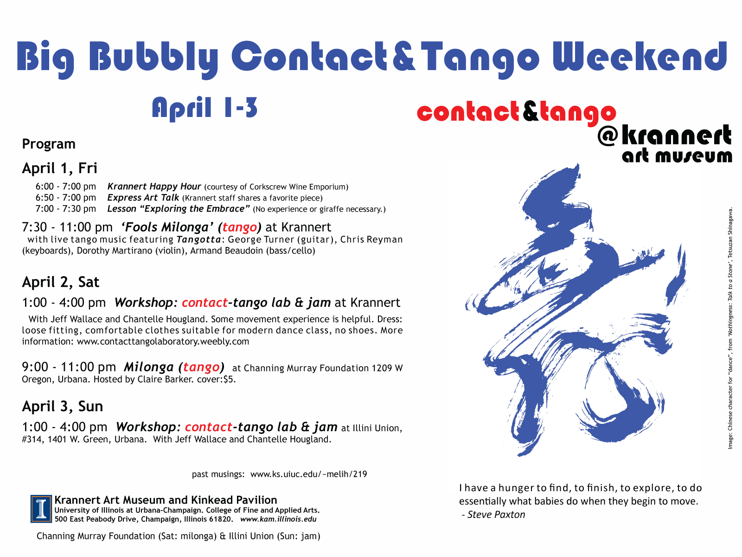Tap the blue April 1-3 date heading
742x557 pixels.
coord(205,108)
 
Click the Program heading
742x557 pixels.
coord(49,144)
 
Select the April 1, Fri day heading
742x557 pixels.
coord(59,168)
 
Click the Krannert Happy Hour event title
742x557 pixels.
coord(154,186)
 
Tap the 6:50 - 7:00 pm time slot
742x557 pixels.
coord(66,198)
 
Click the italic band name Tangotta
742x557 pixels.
coord(199,240)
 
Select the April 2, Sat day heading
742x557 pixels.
coord(60,282)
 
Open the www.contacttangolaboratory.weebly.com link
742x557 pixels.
coord(163,342)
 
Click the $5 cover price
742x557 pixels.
coord(229,379)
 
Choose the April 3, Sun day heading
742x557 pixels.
coord(63,407)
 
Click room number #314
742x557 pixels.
coord(32,439)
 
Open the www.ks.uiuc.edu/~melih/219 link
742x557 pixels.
coord(309,474)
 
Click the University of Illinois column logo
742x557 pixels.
coord(41,509)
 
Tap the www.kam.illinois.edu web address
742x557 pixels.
coord(278,519)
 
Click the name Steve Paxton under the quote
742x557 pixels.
coord(496,515)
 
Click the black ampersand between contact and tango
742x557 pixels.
coord(531,111)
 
